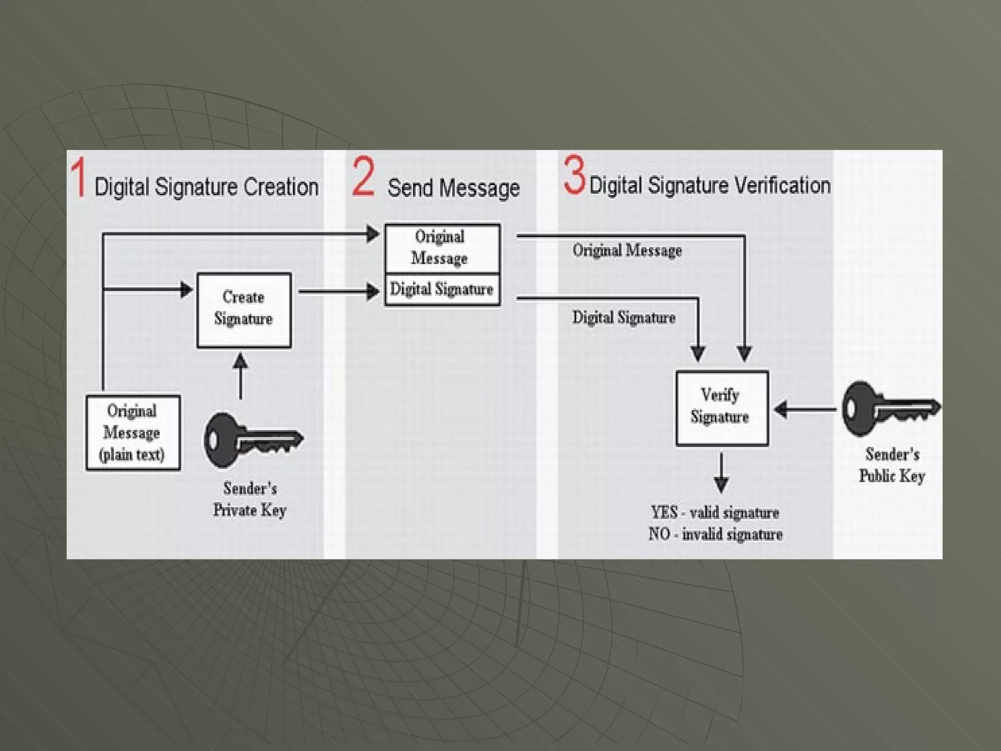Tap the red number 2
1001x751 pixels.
click(x=364, y=177)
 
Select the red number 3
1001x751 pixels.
click(x=574, y=175)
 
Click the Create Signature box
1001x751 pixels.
click(x=244, y=310)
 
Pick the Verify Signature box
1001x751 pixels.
click(x=721, y=408)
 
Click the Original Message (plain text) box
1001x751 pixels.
click(x=133, y=432)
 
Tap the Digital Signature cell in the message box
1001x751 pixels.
click(x=442, y=289)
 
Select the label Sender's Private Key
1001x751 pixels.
click(x=250, y=499)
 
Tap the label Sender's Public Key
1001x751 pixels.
click(x=892, y=465)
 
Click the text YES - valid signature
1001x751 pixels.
click(x=715, y=512)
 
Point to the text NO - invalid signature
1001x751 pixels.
click(x=715, y=534)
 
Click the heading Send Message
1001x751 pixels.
click(x=453, y=188)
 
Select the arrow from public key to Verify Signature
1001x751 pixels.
click(x=805, y=409)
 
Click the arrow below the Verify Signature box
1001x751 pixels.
click(x=721, y=472)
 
